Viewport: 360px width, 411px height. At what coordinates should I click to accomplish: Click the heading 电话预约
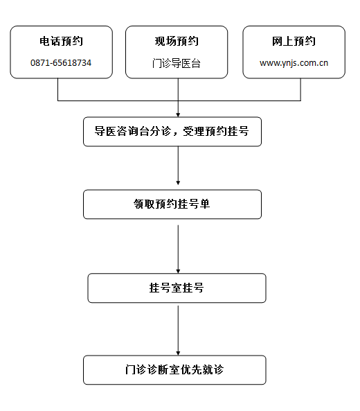61,42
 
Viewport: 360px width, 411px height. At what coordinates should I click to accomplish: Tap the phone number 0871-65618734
61,63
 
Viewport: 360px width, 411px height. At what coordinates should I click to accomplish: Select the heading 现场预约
177,42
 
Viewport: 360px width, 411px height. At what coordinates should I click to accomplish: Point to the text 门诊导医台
177,64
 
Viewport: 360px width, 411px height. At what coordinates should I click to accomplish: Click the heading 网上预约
294,42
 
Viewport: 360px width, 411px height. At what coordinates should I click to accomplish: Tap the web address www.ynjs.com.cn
294,63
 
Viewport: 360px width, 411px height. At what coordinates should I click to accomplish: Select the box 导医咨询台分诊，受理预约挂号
172,132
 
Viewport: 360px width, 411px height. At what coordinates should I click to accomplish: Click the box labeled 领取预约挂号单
172,204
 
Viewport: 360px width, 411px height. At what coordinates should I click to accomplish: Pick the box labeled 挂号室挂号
177,288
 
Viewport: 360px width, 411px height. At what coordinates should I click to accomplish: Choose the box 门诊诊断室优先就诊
174,370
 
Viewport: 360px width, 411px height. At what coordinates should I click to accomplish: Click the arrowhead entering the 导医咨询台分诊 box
178,115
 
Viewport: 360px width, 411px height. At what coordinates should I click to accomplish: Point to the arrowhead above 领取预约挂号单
178,183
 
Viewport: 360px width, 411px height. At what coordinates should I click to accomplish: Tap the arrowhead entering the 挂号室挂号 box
178,271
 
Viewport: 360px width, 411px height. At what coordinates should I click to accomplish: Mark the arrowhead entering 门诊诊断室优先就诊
178,353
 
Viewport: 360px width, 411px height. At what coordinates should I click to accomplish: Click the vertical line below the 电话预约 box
58,89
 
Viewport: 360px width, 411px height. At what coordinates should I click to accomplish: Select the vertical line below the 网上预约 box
300,89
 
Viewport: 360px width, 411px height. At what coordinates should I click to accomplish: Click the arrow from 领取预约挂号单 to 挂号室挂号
178,249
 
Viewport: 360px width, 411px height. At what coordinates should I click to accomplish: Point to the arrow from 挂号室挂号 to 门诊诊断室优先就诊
178,331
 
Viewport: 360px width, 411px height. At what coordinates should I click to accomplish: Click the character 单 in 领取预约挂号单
205,204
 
